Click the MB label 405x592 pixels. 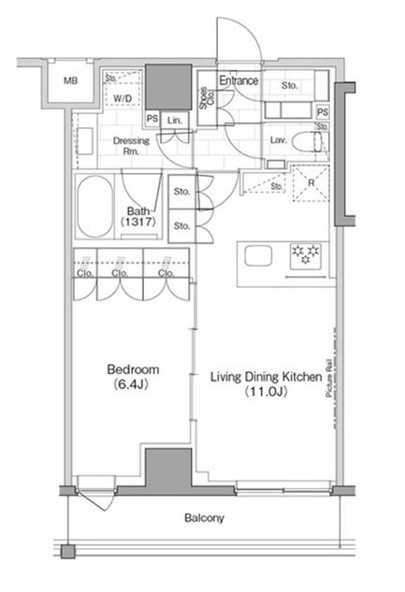70,80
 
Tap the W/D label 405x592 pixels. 123,98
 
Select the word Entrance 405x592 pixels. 239,80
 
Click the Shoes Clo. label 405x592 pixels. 207,98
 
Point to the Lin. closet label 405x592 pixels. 174,121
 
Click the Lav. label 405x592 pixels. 279,140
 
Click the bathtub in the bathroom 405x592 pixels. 95,207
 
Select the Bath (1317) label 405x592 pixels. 138,216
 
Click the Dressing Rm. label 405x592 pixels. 131,146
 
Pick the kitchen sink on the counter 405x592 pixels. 258,255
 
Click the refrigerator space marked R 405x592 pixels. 311,183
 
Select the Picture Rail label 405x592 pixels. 329,378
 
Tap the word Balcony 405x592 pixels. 204,517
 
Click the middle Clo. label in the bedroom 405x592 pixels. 120,273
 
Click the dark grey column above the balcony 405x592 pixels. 168,471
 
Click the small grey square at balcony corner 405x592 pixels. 68,552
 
